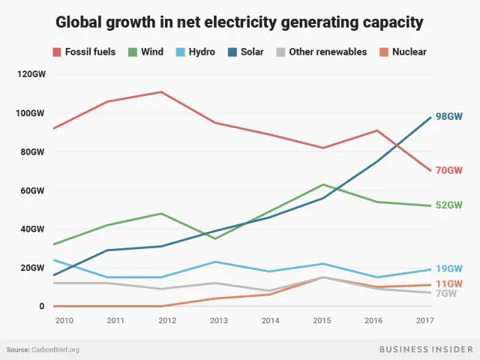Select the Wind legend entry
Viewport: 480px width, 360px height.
click(x=148, y=52)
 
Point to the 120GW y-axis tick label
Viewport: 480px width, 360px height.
click(x=31, y=74)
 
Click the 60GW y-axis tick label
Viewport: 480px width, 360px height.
click(x=33, y=190)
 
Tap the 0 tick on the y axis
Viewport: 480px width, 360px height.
click(x=42, y=306)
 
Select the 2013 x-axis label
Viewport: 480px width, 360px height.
click(x=217, y=320)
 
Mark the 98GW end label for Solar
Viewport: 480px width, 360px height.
click(x=450, y=117)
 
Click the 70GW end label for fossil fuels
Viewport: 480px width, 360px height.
click(x=450, y=170)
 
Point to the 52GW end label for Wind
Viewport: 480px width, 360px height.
click(x=450, y=205)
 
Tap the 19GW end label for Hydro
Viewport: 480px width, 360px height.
click(x=450, y=268)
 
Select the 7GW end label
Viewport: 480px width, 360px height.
click(x=446, y=293)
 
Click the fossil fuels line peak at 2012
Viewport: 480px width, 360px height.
click(x=161, y=92)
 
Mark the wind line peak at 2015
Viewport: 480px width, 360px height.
click(x=323, y=184)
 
